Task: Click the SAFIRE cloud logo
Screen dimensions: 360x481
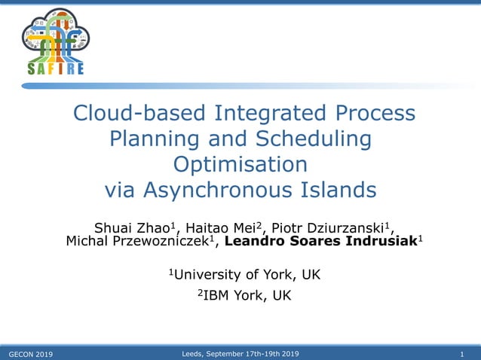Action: coord(55,35)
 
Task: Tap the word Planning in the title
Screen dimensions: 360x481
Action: coord(157,139)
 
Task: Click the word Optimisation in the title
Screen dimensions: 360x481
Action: coord(240,164)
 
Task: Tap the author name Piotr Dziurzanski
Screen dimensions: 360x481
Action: coord(329,229)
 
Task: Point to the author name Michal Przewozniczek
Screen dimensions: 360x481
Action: coord(140,242)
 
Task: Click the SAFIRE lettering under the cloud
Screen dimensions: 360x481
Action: coord(55,69)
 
